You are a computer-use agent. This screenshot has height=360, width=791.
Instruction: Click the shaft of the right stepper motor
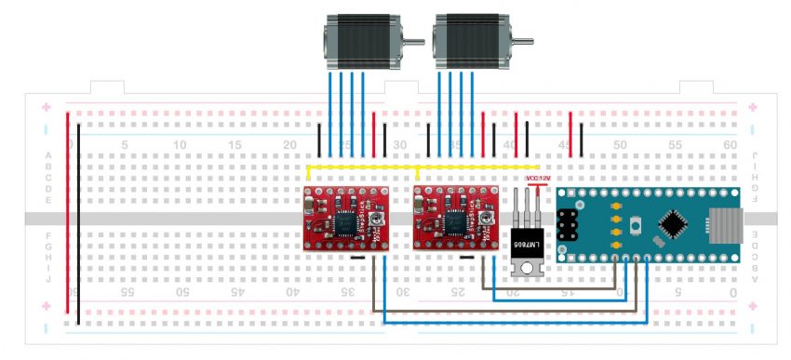click(x=527, y=41)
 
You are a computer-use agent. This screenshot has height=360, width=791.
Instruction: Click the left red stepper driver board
click(x=345, y=220)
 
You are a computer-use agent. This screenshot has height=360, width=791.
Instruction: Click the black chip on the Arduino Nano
click(x=675, y=224)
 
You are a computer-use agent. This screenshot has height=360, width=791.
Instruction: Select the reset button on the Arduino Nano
click(x=637, y=225)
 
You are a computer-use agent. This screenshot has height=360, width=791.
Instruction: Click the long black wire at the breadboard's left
click(x=79, y=223)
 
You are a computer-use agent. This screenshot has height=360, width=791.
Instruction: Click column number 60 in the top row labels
click(x=730, y=145)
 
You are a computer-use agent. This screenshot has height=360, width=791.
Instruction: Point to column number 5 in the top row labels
click(x=125, y=145)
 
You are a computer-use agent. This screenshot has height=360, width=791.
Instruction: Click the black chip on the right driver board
click(x=456, y=221)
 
